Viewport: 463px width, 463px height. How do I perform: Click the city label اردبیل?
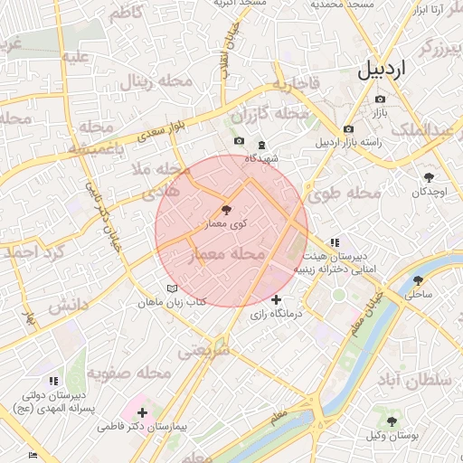[394, 69]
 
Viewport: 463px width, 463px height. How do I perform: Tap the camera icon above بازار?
[380, 99]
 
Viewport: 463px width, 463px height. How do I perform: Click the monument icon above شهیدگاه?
[261, 144]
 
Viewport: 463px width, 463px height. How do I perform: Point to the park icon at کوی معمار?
[226, 210]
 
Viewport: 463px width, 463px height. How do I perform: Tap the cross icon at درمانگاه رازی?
[276, 299]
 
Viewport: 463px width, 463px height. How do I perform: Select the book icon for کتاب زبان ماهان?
[173, 288]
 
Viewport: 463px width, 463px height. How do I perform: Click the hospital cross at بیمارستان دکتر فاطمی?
[142, 412]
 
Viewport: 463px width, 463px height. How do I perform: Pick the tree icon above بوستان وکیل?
[392, 422]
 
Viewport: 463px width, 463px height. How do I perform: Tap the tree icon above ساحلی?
[418, 280]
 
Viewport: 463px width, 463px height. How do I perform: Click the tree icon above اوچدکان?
[429, 178]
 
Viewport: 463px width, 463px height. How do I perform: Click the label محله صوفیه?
[129, 373]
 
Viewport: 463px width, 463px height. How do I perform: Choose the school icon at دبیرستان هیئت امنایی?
[335, 242]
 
